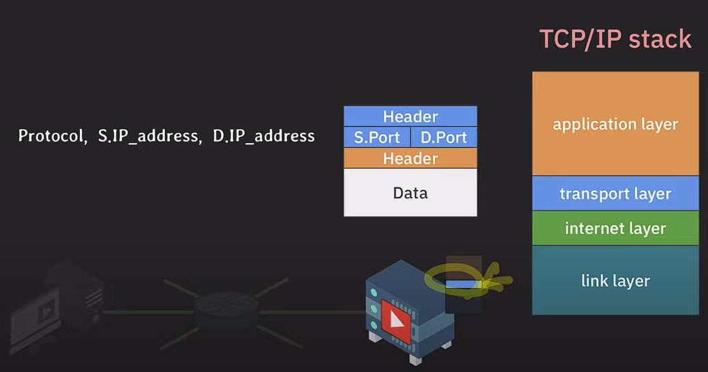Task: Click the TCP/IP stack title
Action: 615,39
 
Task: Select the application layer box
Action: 615,124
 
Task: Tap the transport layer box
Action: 615,193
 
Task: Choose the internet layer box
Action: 615,228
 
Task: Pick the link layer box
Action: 615,280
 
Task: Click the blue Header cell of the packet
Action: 410,117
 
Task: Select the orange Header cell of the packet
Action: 410,159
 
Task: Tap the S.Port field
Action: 377,138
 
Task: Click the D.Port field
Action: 443,138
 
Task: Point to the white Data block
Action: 410,193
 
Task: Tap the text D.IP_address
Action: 264,136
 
